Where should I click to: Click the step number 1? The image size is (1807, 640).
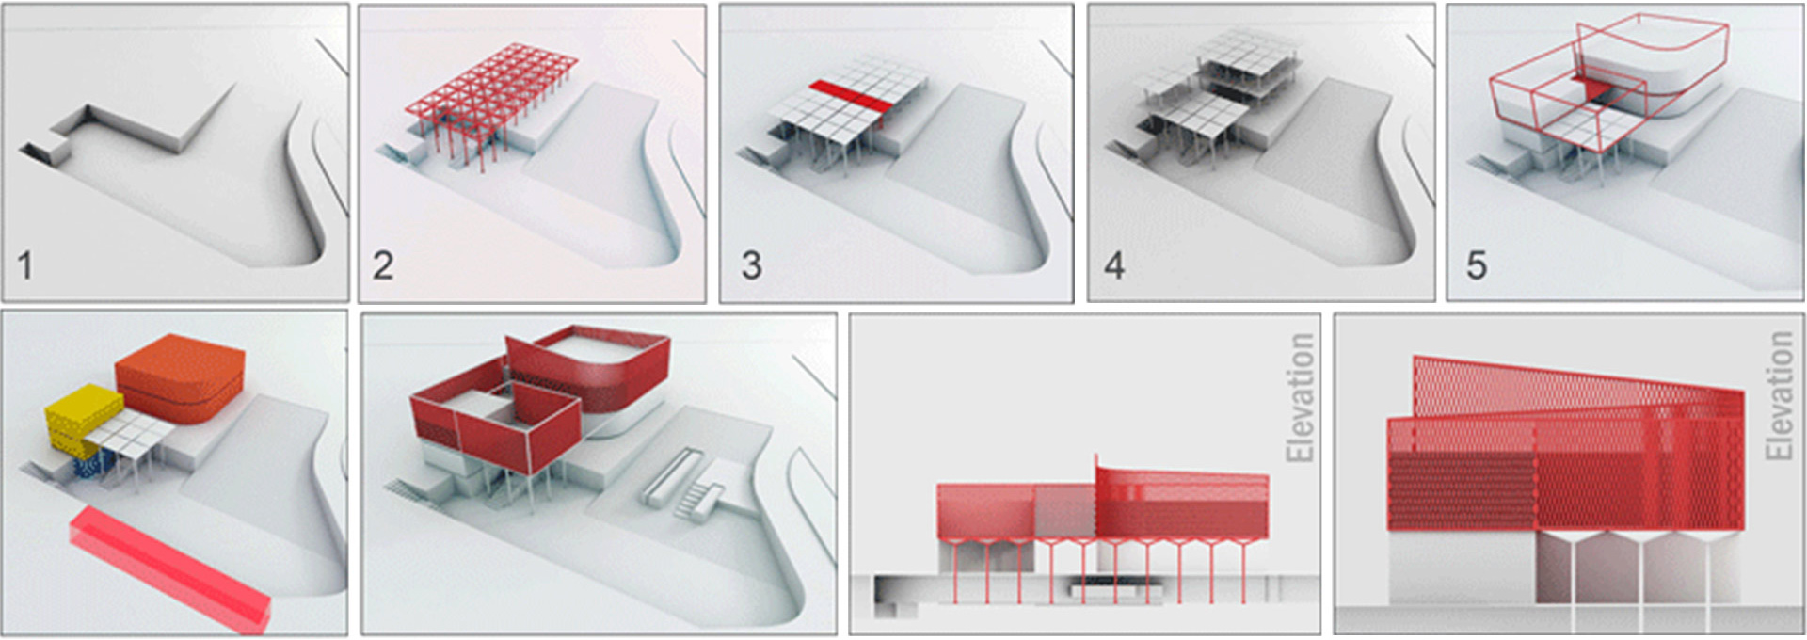point(25,265)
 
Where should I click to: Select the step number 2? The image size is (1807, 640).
point(382,265)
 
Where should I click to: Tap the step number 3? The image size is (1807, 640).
point(751,265)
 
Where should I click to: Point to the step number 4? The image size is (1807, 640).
point(1114,265)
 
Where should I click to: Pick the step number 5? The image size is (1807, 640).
point(1477,265)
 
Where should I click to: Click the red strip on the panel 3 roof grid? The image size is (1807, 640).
point(848,99)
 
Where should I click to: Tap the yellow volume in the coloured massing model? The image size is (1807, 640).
point(84,420)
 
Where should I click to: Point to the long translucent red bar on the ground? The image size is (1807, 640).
point(169,568)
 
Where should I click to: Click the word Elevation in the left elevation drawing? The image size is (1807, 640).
point(1300,398)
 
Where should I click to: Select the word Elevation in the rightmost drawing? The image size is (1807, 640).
point(1779,395)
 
